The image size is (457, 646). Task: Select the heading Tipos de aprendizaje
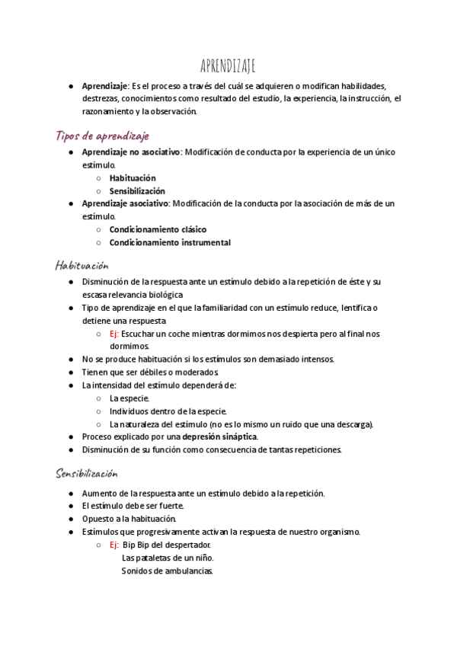pyautogui.click(x=102, y=136)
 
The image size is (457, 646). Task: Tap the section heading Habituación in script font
pyautogui.click(x=82, y=265)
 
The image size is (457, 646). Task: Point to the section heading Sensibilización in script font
pyautogui.click(x=88, y=474)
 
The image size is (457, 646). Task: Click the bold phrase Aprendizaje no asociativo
pyautogui.click(x=131, y=152)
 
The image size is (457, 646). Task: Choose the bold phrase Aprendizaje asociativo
pyautogui.click(x=125, y=203)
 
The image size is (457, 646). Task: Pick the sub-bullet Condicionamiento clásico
pyautogui.click(x=158, y=229)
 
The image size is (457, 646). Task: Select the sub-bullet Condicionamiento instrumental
pyautogui.click(x=170, y=243)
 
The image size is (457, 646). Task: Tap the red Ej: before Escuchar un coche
pyautogui.click(x=114, y=334)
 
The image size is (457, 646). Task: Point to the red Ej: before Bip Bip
pyautogui.click(x=114, y=545)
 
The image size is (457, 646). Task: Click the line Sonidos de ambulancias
pyautogui.click(x=168, y=571)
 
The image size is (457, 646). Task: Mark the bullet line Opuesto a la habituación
pyautogui.click(x=133, y=519)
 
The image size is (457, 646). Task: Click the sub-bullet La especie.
pyautogui.click(x=129, y=398)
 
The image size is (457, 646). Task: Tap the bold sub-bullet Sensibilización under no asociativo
pyautogui.click(x=137, y=191)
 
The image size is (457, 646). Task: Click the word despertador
pyautogui.click(x=187, y=545)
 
